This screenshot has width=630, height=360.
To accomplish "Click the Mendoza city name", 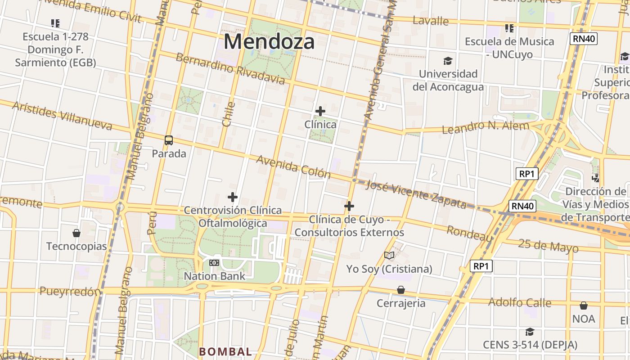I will point(269,42).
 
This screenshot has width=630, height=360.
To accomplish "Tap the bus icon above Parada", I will point(169,140).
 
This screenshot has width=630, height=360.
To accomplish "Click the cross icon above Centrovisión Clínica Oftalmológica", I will point(232,197).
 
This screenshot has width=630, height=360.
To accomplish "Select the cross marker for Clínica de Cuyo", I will point(349,207).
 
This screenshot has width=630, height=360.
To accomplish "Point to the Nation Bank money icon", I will point(214,263).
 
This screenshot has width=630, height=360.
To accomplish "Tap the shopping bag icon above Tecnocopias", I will point(76,233).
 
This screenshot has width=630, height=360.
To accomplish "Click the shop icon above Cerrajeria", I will point(400,290).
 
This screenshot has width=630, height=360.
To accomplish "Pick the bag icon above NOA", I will point(583,306).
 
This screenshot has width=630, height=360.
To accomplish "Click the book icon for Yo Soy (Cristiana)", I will point(389,256).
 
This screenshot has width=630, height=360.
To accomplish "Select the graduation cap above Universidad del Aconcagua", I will point(448,61).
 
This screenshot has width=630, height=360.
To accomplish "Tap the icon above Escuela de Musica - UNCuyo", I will point(509,28).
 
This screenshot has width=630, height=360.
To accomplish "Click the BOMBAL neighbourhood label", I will point(225,351).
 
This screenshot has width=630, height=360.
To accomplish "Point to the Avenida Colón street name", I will point(293,167).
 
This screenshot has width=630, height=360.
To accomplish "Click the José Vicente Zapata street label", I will point(416,194).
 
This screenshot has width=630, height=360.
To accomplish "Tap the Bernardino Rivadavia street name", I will point(230,69).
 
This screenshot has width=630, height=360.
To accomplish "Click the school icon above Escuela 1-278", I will point(55,23).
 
